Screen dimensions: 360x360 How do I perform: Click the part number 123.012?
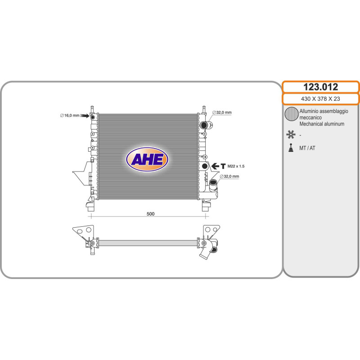coord(320,87)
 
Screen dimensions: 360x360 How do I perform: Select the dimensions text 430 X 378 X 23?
coord(320,99)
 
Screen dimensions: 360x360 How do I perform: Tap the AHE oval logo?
coord(147,159)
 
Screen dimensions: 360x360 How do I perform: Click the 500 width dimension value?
coord(150,214)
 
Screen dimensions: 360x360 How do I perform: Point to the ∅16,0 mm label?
coord(70,116)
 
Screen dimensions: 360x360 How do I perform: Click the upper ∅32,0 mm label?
coord(222,112)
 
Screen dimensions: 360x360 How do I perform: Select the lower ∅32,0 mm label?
coord(229,176)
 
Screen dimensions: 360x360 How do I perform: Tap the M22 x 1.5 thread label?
coord(236,166)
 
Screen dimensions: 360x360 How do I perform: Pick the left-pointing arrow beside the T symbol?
coord(215,166)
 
